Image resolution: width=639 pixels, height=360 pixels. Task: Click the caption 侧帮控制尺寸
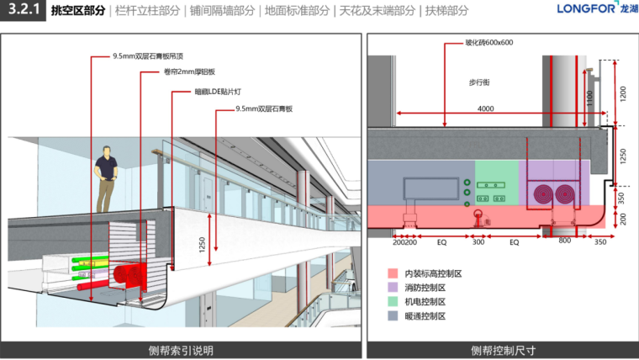tap(503, 350)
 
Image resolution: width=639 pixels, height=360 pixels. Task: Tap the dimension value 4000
tap(484, 109)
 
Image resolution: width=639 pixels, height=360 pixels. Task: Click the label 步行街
tap(479, 82)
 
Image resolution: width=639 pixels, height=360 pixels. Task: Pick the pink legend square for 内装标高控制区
tap(392, 273)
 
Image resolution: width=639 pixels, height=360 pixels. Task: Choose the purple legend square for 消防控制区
tap(392, 288)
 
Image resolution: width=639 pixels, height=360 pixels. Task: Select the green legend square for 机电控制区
tap(392, 302)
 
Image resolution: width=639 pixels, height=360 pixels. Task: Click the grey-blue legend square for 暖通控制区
tap(392, 316)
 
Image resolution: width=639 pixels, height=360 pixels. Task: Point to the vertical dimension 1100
tap(590, 100)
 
